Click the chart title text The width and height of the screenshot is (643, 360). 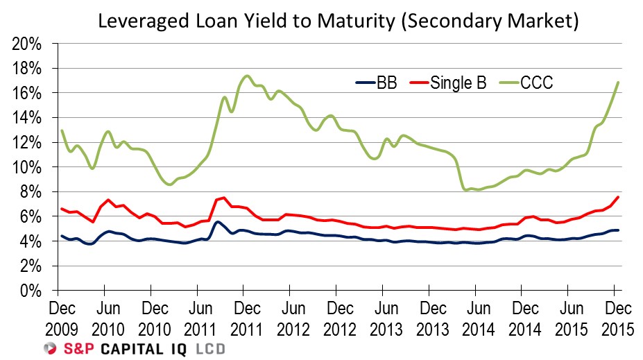tap(338, 21)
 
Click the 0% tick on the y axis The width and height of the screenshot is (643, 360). tap(32, 290)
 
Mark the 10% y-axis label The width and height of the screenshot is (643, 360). tap(28, 167)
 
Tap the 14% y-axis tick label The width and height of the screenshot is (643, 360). tap(28, 118)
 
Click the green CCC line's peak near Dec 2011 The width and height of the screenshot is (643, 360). tap(247, 76)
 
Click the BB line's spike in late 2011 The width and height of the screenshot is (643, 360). tap(217, 222)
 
